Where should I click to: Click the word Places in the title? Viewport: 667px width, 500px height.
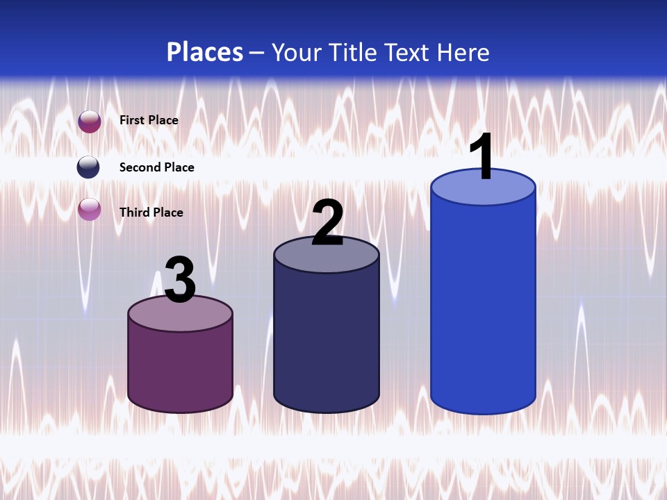point(205,52)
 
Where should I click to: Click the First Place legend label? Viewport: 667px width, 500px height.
point(149,120)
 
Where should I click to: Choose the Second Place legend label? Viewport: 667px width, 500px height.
point(156,167)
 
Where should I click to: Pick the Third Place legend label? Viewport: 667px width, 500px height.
point(151,212)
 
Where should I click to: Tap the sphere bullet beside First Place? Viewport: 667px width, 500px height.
point(90,122)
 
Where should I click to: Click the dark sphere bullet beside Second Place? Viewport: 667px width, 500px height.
point(88,167)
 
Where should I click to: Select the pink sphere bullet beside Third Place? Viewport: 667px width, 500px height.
point(90,209)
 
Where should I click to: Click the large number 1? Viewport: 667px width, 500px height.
point(482,157)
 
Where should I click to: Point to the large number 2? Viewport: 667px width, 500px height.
point(327,222)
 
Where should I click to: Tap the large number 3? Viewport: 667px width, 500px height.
point(180,279)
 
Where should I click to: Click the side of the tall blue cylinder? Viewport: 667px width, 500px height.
point(483,306)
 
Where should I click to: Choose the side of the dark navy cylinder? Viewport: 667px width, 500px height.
point(327,340)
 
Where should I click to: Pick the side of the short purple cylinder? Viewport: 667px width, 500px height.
point(180,368)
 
